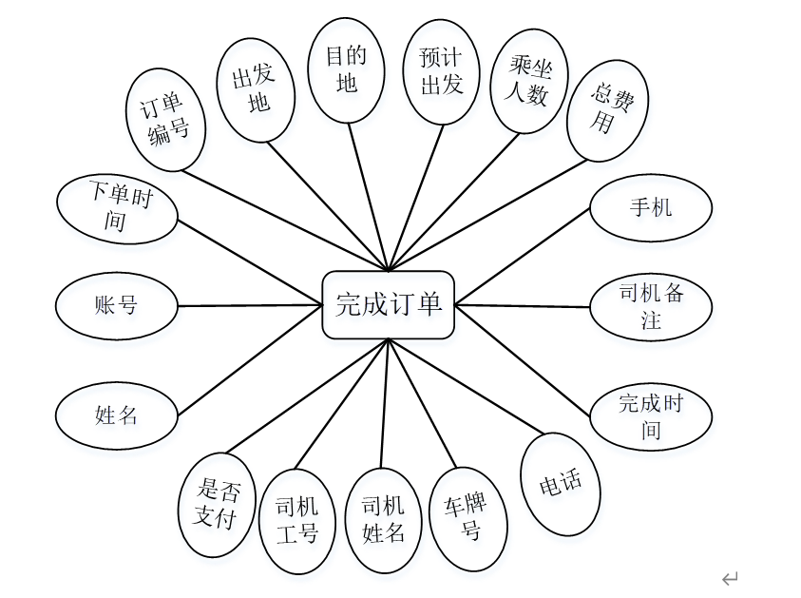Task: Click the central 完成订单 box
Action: pos(388,305)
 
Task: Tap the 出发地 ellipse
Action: pos(253,91)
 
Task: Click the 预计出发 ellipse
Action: pos(441,72)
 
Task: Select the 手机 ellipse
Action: pos(651,207)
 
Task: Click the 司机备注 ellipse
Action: pos(651,306)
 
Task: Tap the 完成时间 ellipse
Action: pos(651,415)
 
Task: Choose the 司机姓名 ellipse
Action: pos(384,520)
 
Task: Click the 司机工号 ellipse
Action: pos(297,520)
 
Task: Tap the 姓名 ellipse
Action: pos(117,415)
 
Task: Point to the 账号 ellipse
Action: pos(117,306)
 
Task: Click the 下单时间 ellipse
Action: pos(117,208)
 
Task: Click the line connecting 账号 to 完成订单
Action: pos(250,305)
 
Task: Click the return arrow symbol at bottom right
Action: pos(730,578)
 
